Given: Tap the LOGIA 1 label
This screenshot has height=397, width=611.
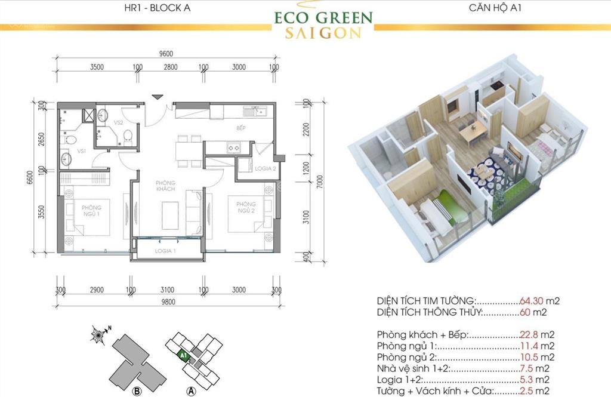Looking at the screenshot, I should click(x=166, y=251).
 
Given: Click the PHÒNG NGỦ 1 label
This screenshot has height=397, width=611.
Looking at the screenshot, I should click(x=92, y=211).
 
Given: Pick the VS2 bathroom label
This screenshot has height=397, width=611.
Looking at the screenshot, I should click(x=118, y=122).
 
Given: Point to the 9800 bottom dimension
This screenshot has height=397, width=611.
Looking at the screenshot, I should click(x=168, y=301).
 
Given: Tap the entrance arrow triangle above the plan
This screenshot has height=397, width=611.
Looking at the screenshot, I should click(x=157, y=97).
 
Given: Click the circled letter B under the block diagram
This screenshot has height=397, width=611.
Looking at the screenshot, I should click(x=136, y=391).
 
